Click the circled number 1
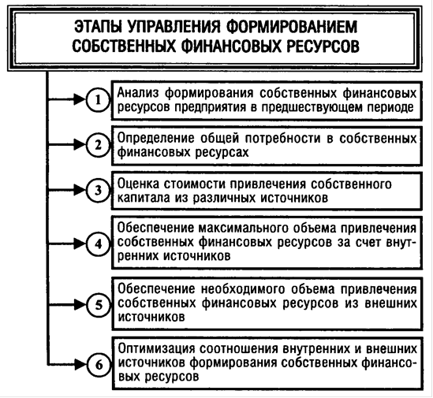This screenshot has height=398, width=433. (98, 100)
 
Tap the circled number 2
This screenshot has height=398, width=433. (98, 145)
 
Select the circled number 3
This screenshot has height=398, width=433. (98, 190)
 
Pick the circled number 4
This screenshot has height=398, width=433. (98, 244)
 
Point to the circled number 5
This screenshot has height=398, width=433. (99, 305)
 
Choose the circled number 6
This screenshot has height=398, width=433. (99, 365)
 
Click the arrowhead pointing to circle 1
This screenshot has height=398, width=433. (79, 99)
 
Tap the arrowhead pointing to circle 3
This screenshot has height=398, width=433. (79, 190)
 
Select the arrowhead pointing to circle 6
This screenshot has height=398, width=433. (80, 365)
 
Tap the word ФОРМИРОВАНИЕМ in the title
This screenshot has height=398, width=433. (292, 27)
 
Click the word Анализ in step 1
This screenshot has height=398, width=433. (138, 93)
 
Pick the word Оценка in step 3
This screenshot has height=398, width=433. (138, 184)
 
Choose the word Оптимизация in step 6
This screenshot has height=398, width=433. (157, 348)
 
